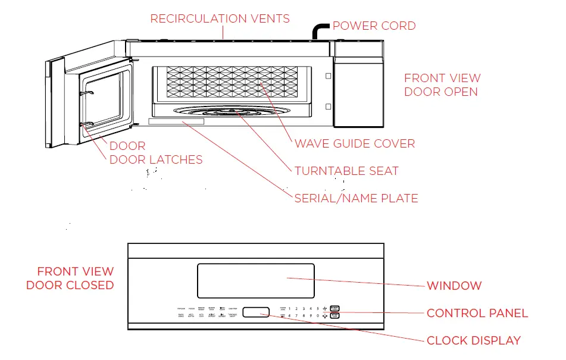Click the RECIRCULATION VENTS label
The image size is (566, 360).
(220, 19)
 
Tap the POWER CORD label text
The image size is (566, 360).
(374, 26)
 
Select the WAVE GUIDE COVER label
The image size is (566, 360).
(355, 144)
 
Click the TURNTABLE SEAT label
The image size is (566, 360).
(346, 171)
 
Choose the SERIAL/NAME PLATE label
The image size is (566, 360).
(356, 198)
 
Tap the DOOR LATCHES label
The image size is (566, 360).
(156, 160)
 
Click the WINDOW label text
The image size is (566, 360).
(454, 286)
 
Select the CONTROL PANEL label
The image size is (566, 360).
(477, 313)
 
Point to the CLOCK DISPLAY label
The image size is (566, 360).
(474, 341)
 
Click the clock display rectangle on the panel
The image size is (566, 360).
(256, 312)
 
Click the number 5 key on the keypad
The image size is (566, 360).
(318, 309)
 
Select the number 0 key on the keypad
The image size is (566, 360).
(318, 316)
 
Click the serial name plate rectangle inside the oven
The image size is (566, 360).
(176, 121)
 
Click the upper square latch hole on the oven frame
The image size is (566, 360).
(327, 76)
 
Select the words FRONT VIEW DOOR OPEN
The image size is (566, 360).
(442, 85)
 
